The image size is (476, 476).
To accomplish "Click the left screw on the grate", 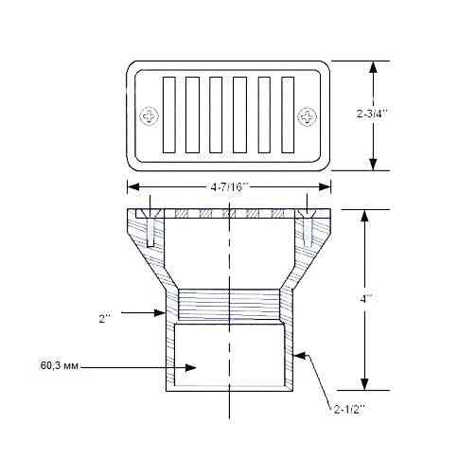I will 150,116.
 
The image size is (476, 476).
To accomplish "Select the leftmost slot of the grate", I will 169,115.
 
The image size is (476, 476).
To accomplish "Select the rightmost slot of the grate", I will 285,115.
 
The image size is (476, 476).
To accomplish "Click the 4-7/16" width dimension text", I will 228,186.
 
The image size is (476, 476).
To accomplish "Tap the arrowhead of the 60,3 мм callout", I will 194,366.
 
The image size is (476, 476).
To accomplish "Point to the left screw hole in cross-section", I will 149,227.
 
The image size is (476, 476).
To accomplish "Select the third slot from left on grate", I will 216,115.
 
